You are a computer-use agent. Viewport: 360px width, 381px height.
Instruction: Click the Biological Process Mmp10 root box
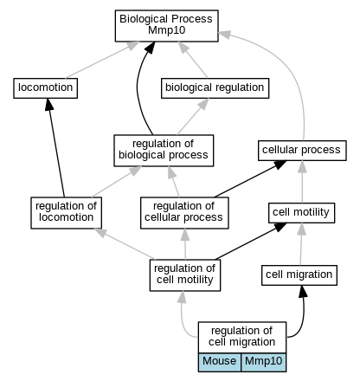(166, 26)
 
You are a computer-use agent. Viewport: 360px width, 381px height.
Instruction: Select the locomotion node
(46, 88)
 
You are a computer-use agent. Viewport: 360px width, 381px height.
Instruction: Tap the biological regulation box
(215, 88)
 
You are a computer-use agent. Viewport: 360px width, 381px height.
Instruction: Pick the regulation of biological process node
(164, 151)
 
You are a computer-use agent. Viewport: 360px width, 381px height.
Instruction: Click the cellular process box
(302, 151)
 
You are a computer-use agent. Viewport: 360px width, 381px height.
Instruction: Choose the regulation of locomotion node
(66, 213)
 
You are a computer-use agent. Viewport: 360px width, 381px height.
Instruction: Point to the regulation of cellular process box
(184, 213)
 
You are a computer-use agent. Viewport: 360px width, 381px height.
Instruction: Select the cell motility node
(301, 213)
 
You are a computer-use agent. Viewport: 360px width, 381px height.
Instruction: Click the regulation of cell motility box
(185, 275)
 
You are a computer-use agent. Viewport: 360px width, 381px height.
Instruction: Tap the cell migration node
(299, 275)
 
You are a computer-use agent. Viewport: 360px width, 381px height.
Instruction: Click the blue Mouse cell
(220, 362)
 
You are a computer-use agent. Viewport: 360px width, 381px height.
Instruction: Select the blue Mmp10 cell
(264, 362)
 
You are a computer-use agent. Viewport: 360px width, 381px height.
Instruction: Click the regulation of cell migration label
(242, 337)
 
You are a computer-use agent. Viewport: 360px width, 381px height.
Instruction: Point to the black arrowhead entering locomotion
(49, 104)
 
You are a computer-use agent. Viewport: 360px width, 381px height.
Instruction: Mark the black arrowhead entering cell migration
(303, 291)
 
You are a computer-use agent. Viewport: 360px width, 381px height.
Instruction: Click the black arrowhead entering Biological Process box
(150, 48)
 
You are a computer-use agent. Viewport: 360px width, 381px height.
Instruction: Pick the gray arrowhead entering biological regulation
(203, 104)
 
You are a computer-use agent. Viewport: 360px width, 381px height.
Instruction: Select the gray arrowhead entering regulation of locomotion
(100, 232)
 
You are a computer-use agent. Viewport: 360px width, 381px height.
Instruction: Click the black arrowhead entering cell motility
(280, 227)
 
